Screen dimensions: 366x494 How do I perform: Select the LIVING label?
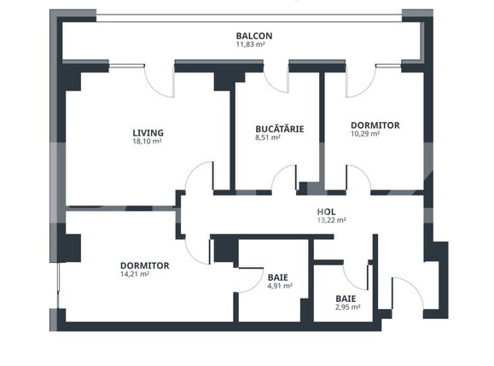point(148,132)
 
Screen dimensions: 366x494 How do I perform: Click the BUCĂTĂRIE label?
point(279,129)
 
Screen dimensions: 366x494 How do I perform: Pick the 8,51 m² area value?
point(269,137)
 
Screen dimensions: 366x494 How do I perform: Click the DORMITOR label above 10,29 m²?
point(375,125)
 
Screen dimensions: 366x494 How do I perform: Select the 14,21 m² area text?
point(135,275)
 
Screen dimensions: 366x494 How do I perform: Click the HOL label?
point(325,212)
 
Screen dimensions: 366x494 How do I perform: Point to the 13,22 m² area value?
point(330,220)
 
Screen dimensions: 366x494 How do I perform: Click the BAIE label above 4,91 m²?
point(278,277)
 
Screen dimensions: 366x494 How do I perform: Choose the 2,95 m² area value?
point(347,307)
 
